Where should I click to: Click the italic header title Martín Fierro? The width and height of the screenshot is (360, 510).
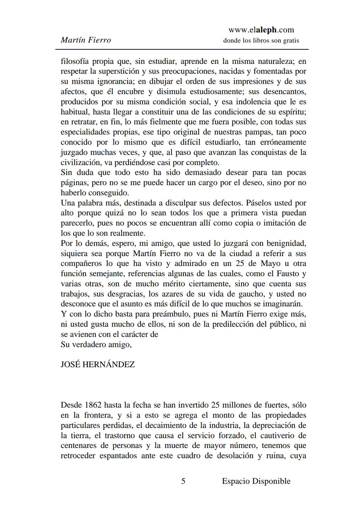[86, 40]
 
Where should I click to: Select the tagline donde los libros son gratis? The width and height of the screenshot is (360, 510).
[261, 41]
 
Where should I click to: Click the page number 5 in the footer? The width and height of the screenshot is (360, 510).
[183, 481]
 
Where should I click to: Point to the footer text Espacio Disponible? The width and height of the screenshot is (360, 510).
[256, 481]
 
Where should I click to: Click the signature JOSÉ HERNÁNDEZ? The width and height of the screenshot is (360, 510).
[98, 364]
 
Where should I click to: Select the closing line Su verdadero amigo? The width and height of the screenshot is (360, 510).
[96, 344]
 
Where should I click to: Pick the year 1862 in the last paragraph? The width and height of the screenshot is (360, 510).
[93, 405]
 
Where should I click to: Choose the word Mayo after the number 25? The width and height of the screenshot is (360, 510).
[270, 264]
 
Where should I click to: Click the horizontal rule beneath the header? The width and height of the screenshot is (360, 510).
[182, 49]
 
